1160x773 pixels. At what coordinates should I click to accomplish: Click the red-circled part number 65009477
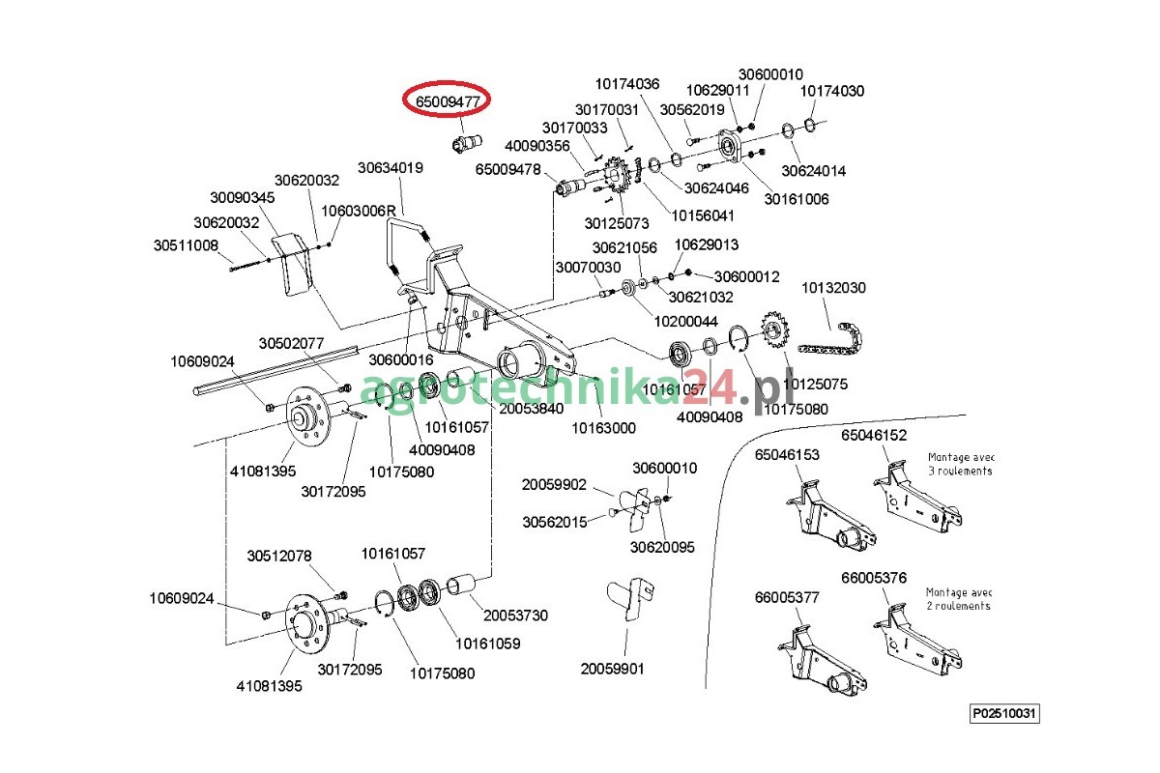click(x=448, y=100)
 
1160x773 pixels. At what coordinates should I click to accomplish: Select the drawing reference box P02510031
click(x=1005, y=714)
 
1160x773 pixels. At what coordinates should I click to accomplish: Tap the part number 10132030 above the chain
click(x=833, y=288)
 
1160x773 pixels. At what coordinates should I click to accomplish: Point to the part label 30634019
click(x=391, y=167)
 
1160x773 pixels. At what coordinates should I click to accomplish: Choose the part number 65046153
click(x=787, y=453)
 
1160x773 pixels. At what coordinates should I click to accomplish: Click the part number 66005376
click(x=874, y=578)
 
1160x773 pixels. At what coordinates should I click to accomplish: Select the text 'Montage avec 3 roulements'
click(x=960, y=464)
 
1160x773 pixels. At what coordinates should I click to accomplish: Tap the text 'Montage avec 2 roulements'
click(x=958, y=599)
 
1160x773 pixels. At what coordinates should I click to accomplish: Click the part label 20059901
click(x=613, y=668)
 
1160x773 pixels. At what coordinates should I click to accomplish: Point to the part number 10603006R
click(x=360, y=210)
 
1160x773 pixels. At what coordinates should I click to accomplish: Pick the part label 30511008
click(x=186, y=245)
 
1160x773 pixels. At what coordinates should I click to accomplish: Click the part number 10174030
click(x=831, y=91)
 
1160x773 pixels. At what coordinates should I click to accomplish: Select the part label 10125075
click(x=815, y=384)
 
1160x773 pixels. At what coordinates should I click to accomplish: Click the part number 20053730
click(x=516, y=615)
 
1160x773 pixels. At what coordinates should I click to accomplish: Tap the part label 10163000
click(x=603, y=427)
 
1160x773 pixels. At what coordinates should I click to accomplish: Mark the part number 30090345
click(x=243, y=197)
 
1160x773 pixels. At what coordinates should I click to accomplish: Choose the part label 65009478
click(x=508, y=168)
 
